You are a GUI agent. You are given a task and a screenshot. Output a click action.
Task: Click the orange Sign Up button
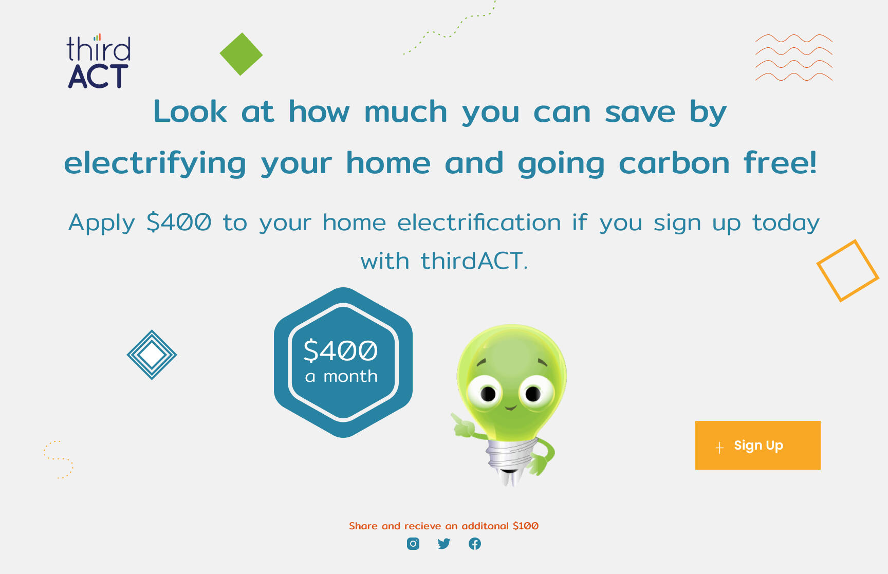757,445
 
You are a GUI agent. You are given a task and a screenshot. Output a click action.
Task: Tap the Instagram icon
413,544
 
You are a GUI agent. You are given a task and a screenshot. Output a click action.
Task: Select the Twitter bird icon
444,544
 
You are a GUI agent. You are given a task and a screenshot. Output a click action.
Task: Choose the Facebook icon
475,544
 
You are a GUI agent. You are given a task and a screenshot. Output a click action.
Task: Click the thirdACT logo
99,61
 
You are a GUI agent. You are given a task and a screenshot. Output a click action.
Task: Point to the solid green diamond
241,54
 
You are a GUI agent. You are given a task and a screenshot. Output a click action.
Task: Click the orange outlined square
848,271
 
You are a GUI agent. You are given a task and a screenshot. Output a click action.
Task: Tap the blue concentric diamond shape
152,355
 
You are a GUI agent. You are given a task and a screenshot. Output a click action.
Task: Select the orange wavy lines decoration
793,58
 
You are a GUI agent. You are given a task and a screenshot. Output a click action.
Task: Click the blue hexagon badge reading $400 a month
343,362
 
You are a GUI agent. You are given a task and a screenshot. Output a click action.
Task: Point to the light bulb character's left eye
487,394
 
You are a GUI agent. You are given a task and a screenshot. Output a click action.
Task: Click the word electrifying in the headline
155,163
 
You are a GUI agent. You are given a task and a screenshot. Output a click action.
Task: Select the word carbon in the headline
674,163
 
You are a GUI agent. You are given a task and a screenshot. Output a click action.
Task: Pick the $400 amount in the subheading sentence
179,222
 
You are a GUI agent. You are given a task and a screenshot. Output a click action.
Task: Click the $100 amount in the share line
526,526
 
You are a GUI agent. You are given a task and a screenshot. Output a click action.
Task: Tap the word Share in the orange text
363,526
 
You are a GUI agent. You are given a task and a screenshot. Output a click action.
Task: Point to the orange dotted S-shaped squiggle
59,459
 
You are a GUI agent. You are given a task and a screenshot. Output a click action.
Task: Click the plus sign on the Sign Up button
719,448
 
